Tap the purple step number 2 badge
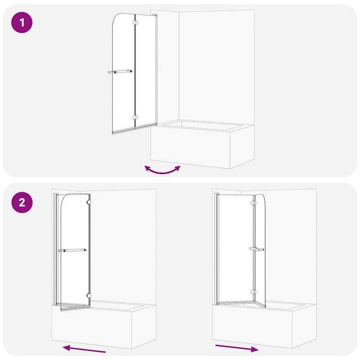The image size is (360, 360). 21,202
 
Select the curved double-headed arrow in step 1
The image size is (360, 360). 162,170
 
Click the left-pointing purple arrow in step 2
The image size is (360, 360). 85,349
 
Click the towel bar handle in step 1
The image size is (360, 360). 120,71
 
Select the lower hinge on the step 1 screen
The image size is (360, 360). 135,117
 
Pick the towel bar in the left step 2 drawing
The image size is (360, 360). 74,250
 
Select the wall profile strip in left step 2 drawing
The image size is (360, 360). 56,247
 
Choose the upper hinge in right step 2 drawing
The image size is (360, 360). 254,203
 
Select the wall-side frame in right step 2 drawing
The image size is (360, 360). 217,247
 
